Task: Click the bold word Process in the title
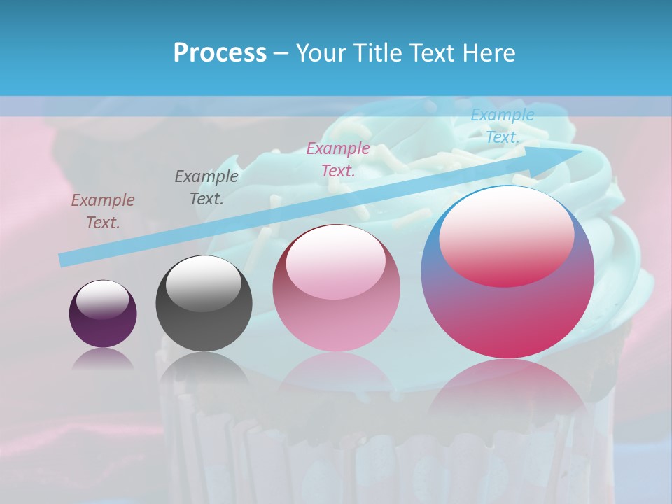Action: [220, 53]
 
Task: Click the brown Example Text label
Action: [103, 211]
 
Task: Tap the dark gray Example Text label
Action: [206, 187]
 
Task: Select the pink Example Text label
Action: [338, 159]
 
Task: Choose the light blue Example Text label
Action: [502, 126]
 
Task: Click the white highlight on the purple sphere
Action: [103, 299]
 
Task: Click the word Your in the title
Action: [319, 53]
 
